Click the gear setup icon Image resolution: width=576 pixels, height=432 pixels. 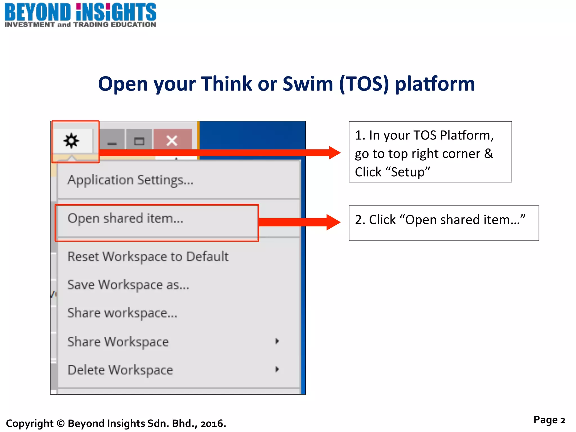(x=71, y=141)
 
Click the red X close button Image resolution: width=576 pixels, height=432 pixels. (x=172, y=141)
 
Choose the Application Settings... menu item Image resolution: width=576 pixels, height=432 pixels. (x=130, y=180)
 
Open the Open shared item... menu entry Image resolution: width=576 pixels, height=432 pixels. (x=125, y=219)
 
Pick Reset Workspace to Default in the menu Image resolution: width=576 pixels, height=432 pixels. (x=148, y=257)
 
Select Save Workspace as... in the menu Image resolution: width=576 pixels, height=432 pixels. (x=128, y=285)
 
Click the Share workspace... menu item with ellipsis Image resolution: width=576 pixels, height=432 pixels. (x=122, y=313)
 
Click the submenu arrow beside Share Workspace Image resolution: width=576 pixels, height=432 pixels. (x=277, y=341)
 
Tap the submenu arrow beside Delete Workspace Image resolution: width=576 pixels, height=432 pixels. (x=277, y=369)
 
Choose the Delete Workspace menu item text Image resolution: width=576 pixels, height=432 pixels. (x=120, y=370)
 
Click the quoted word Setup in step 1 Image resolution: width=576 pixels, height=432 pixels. (x=410, y=172)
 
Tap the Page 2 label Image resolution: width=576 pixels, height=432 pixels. (x=549, y=420)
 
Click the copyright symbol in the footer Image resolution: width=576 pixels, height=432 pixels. (x=60, y=423)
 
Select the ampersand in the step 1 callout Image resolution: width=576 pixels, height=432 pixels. (x=489, y=154)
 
